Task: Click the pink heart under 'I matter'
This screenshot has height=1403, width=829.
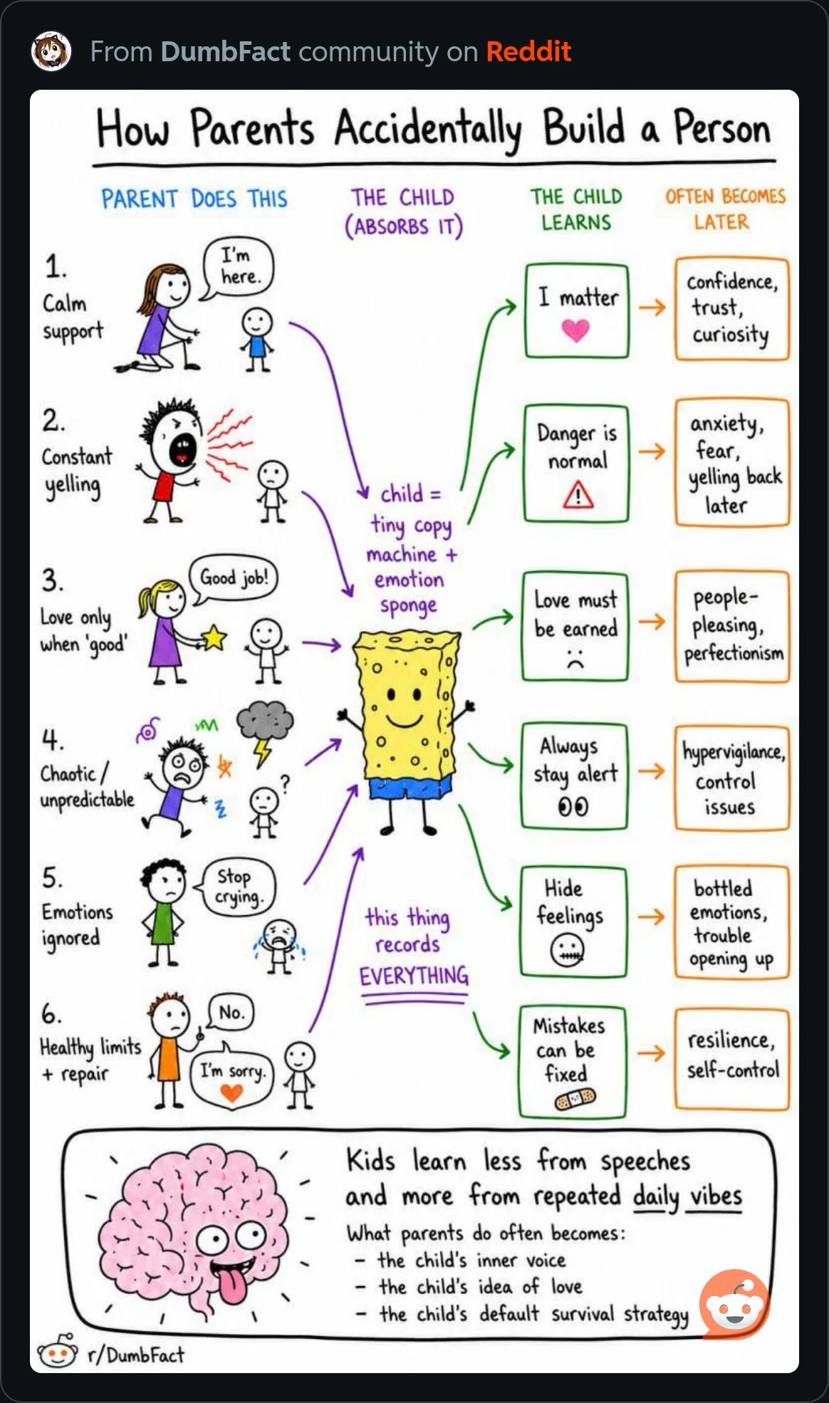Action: pyautogui.click(x=575, y=330)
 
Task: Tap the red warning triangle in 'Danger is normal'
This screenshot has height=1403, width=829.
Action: pyautogui.click(x=578, y=494)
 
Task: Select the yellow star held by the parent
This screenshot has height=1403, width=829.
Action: pyautogui.click(x=214, y=637)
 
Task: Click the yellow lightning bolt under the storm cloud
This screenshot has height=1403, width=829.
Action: pyautogui.click(x=263, y=752)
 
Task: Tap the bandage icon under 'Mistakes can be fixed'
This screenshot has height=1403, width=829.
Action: pyautogui.click(x=575, y=1100)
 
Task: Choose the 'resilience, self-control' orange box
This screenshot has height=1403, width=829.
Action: pyautogui.click(x=732, y=1059)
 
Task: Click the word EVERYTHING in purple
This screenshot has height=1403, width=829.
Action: pyautogui.click(x=414, y=976)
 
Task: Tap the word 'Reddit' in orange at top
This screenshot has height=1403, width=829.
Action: pyautogui.click(x=528, y=51)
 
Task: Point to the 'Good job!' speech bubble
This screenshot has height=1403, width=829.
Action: pyautogui.click(x=233, y=578)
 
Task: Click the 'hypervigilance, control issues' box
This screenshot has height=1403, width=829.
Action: pyautogui.click(x=732, y=778)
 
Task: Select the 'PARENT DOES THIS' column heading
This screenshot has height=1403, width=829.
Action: pyautogui.click(x=194, y=199)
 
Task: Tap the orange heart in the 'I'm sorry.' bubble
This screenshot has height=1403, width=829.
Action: pyautogui.click(x=231, y=1092)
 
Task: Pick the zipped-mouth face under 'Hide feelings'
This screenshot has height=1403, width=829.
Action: pyautogui.click(x=568, y=950)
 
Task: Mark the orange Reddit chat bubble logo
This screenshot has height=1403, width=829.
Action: pyautogui.click(x=735, y=1304)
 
